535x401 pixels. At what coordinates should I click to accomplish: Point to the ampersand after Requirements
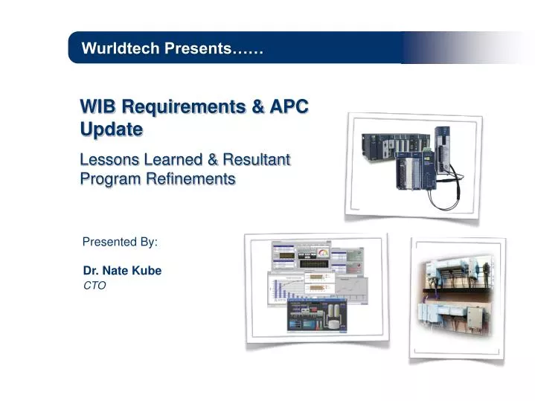257,106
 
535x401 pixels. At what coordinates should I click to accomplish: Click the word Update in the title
112,129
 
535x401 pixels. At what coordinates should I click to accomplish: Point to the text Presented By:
120,242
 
